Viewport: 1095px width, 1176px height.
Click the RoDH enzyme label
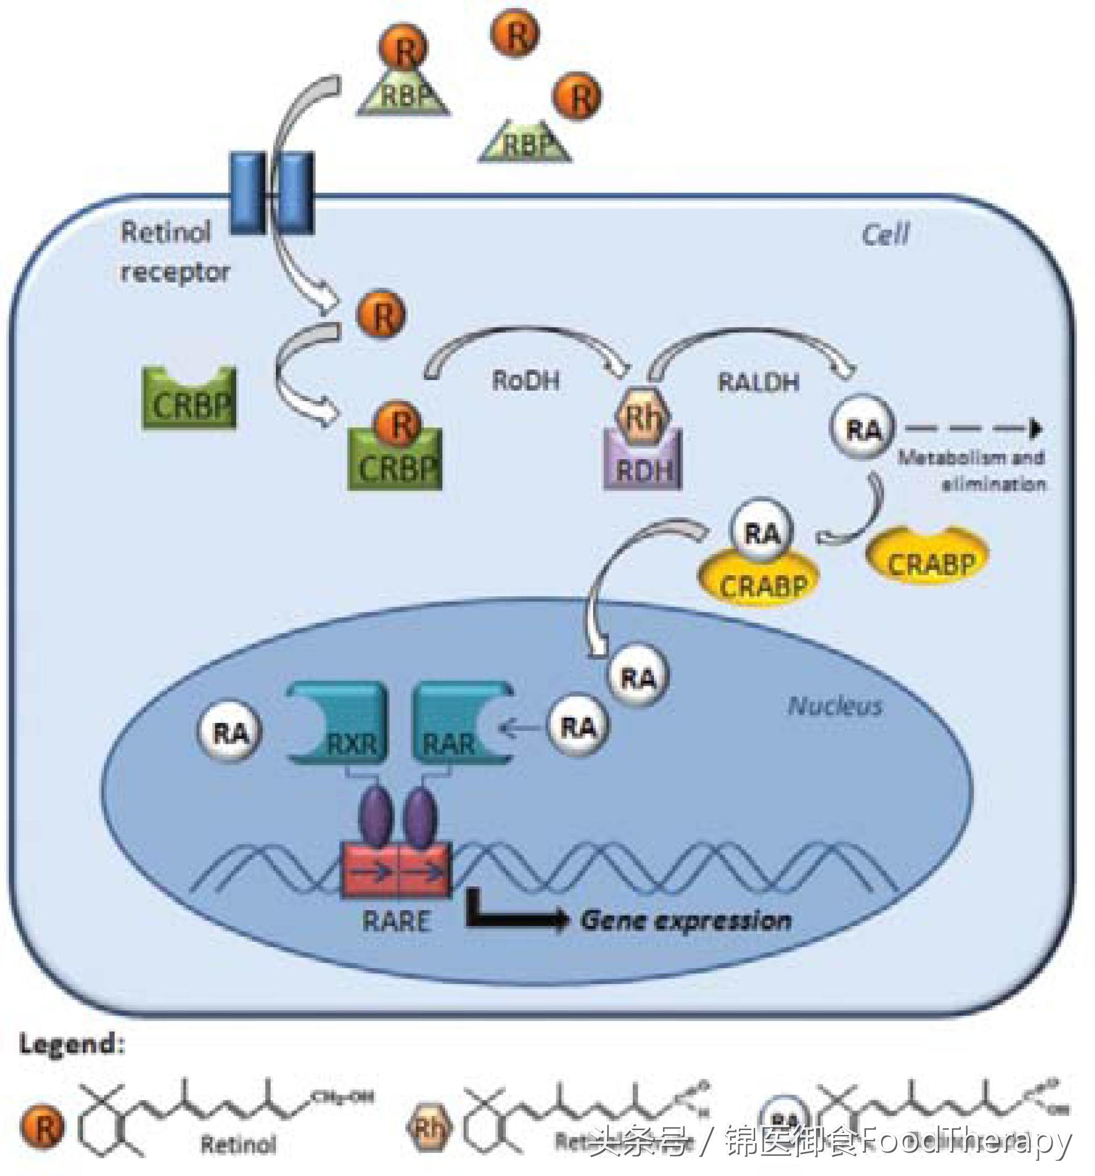526,380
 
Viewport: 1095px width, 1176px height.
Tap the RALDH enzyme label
758,382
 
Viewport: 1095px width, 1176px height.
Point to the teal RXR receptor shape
337,725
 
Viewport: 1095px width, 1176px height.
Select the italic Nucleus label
834,706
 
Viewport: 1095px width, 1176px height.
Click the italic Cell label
885,235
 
